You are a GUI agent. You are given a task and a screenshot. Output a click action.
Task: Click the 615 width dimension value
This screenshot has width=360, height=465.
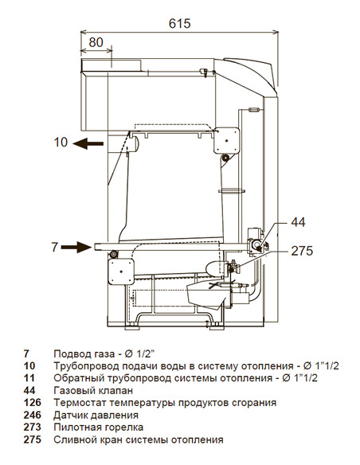pos(180,24)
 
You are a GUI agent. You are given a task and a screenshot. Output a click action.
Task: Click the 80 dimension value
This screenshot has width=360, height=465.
pos(96,41)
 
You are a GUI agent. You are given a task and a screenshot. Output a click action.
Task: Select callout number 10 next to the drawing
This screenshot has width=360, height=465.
pos(61,143)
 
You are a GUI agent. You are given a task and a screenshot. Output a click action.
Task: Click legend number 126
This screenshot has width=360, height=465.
pos(33,403)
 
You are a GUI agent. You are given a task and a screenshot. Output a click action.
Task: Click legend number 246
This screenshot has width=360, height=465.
pos(33,415)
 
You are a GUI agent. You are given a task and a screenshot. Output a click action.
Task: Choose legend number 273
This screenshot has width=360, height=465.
pos(33,428)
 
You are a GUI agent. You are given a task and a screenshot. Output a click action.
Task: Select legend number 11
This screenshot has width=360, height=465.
pos(29,378)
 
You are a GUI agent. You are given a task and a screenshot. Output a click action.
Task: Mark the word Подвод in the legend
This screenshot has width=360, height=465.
pos(71,354)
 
